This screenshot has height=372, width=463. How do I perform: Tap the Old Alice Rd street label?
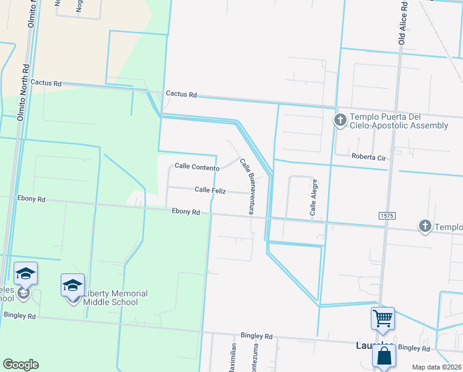coord(402,22)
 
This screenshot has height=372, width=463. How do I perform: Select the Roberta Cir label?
coord(368,157)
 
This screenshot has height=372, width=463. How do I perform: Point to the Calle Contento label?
coord(197,167)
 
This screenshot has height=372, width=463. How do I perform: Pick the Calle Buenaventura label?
coord(246,186)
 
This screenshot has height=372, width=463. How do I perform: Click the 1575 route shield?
coord(386,215)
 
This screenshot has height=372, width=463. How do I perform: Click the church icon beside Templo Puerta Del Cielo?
coord(339,120)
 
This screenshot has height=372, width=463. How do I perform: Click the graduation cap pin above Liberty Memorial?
coord(72,285)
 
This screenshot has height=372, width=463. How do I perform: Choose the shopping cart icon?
coord(383,319)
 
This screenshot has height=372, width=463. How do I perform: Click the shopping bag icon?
coord(384,357)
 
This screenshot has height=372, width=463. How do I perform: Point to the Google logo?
coord(20,365)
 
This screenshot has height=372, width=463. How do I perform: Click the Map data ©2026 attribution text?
coord(436,367)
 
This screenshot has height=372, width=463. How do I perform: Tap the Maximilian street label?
coord(233,358)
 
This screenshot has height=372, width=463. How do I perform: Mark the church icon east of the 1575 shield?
coord(425,226)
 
